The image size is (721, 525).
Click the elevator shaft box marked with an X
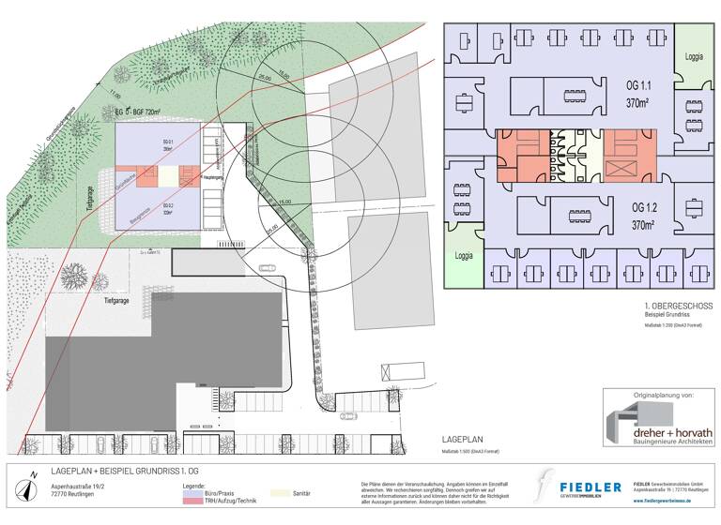621,170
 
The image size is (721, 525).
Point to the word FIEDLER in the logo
591,487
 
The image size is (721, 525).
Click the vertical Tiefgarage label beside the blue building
92,197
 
